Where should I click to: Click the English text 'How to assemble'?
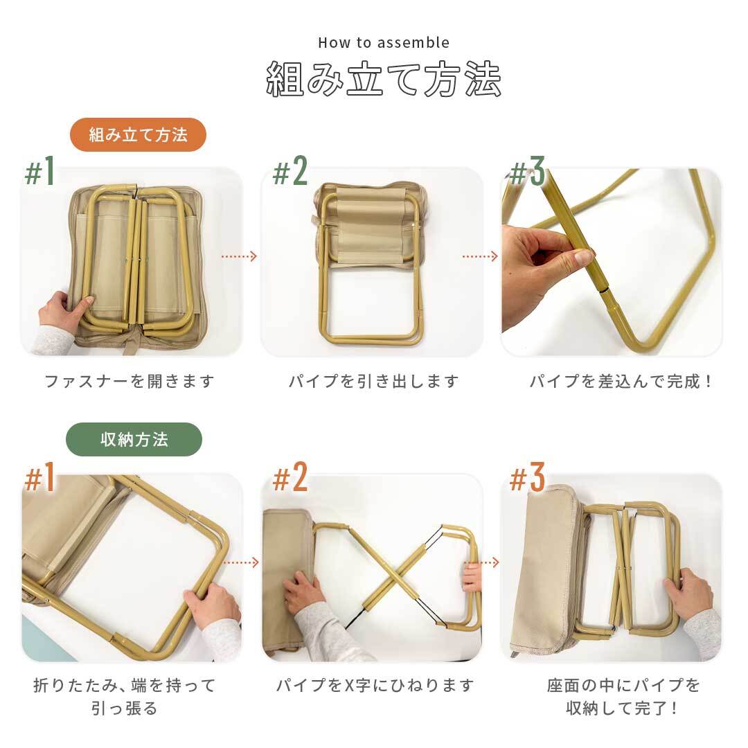click(384, 42)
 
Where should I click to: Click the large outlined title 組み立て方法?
click(384, 79)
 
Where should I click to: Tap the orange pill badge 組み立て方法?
click(139, 135)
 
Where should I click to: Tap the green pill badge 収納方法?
click(134, 439)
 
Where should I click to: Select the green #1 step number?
click(40, 172)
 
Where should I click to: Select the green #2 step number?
click(290, 171)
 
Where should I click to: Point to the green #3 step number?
click(527, 171)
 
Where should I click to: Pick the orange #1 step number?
click(40, 477)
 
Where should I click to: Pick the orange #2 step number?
click(290, 477)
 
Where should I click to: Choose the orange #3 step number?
click(527, 477)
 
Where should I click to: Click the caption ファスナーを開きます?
click(130, 381)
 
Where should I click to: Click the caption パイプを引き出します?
click(373, 381)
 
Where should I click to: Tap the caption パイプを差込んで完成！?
click(620, 381)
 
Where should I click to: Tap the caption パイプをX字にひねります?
click(375, 686)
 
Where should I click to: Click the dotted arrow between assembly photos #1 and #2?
click(239, 257)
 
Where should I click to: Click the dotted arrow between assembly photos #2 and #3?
click(480, 257)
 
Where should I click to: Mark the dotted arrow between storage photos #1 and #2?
click(241, 563)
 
